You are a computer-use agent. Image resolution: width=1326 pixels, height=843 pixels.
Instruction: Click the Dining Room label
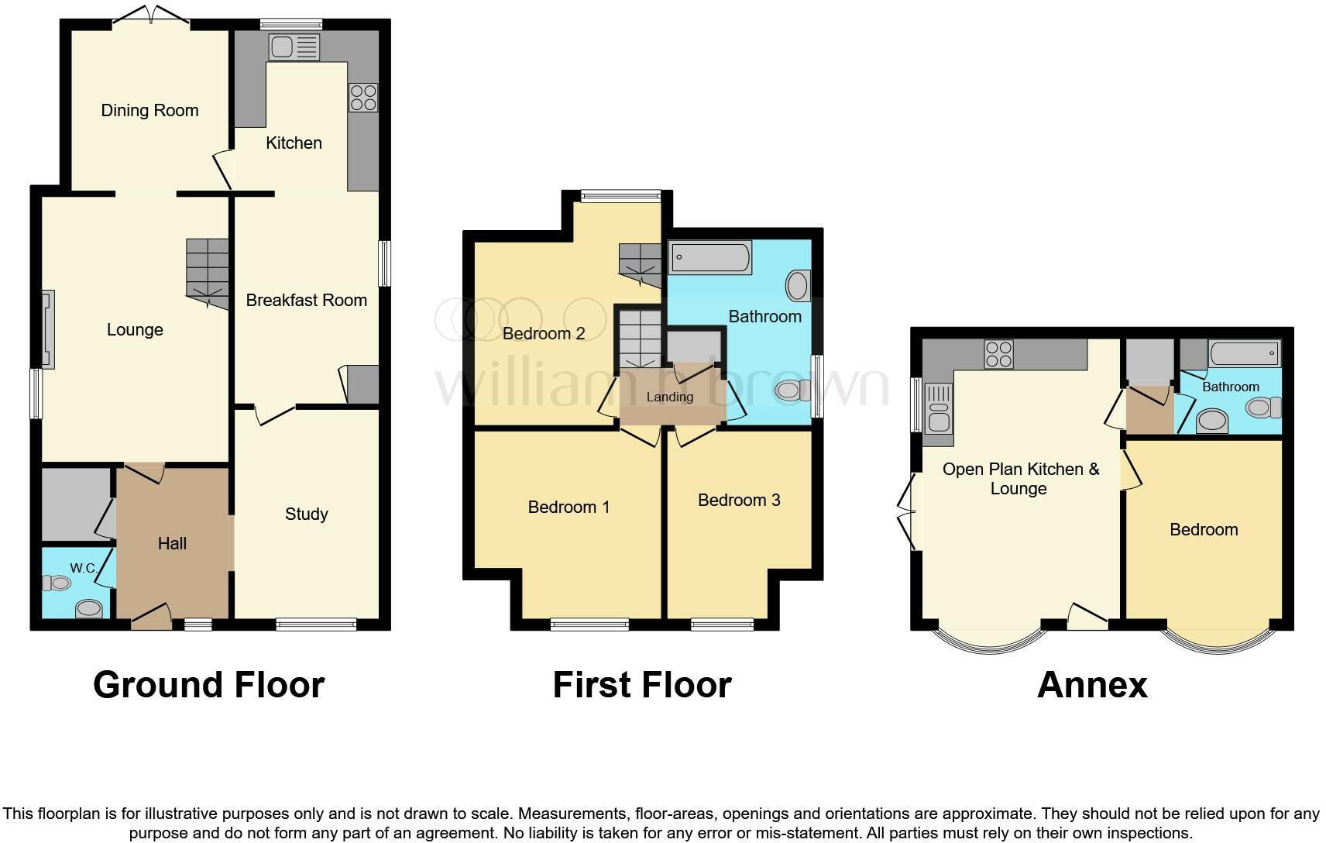coord(149,110)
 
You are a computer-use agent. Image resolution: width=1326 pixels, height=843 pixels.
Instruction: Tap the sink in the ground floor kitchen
coord(294,47)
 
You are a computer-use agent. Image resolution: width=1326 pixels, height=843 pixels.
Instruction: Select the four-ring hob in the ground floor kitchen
coord(363,98)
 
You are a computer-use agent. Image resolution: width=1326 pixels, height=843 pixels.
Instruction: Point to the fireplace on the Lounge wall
coord(48,329)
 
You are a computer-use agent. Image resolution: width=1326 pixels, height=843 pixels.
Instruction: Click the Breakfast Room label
coord(306,300)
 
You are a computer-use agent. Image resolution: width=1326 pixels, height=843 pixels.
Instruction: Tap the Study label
coord(306,514)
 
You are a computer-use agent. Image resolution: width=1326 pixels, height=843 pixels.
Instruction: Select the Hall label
coord(172,543)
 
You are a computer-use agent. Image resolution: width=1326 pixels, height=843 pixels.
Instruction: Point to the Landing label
coord(669,397)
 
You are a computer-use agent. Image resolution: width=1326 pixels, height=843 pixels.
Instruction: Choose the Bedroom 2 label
coord(544,333)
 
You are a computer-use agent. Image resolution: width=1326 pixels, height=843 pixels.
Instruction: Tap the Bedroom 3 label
coord(738,500)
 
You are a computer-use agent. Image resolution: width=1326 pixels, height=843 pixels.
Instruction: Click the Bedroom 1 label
coord(569,507)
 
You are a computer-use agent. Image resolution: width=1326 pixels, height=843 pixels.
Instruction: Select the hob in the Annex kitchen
coord(998,354)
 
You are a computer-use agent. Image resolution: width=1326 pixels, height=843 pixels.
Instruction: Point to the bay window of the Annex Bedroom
coord(1218,642)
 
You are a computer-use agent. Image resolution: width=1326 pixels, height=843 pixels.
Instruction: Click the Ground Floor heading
coord(208,685)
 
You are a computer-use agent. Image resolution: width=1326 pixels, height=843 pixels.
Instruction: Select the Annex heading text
coord(1091,685)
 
